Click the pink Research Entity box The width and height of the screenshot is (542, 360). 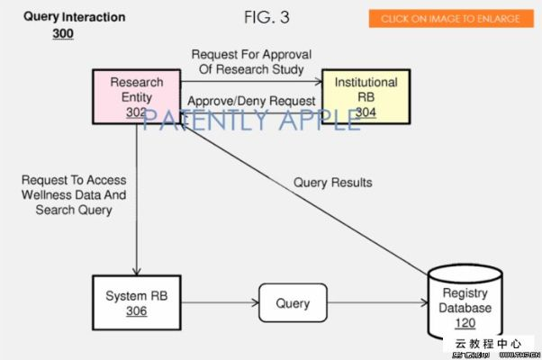(137, 96)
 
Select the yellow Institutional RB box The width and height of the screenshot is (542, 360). (366, 96)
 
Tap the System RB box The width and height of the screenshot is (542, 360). (138, 303)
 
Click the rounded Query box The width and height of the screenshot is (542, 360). (292, 304)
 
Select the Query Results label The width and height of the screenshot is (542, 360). (332, 183)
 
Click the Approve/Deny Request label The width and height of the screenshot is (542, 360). (251, 101)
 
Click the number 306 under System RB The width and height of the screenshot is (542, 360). (138, 312)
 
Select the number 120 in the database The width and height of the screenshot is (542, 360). (466, 323)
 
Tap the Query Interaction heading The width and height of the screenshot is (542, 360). (75, 17)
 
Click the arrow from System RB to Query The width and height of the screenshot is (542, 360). (220, 304)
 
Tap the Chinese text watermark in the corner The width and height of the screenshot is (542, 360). (487, 343)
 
